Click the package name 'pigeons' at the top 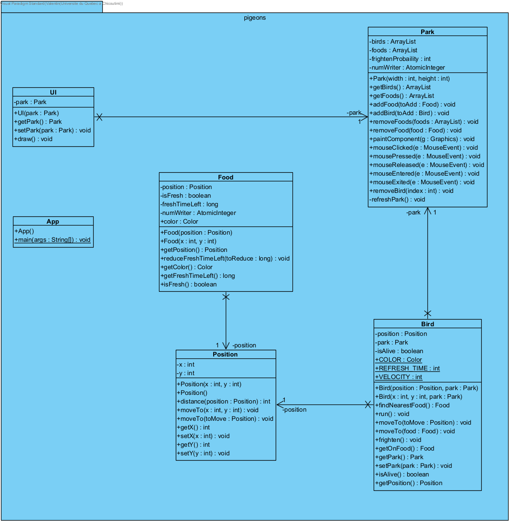pyautogui.click(x=255, y=18)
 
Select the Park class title pyautogui.click(x=427, y=32)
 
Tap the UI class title pyautogui.click(x=53, y=93)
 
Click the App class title pyautogui.click(x=53, y=222)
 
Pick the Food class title pyautogui.click(x=225, y=177)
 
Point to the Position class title pyautogui.click(x=225, y=355)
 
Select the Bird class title pyautogui.click(x=427, y=324)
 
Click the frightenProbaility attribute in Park pyautogui.click(x=400, y=59)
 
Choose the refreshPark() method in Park pyautogui.click(x=397, y=200)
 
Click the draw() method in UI pyautogui.click(x=33, y=139)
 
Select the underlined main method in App pyautogui.click(x=52, y=240)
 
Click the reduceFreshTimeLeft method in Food pyautogui.click(x=225, y=259)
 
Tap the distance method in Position pyautogui.click(x=223, y=402)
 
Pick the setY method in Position pyautogui.click(x=203, y=453)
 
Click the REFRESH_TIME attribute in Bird pyautogui.click(x=408, y=368)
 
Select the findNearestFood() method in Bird pyautogui.click(x=412, y=405)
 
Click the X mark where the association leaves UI pyautogui.click(x=99, y=117)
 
